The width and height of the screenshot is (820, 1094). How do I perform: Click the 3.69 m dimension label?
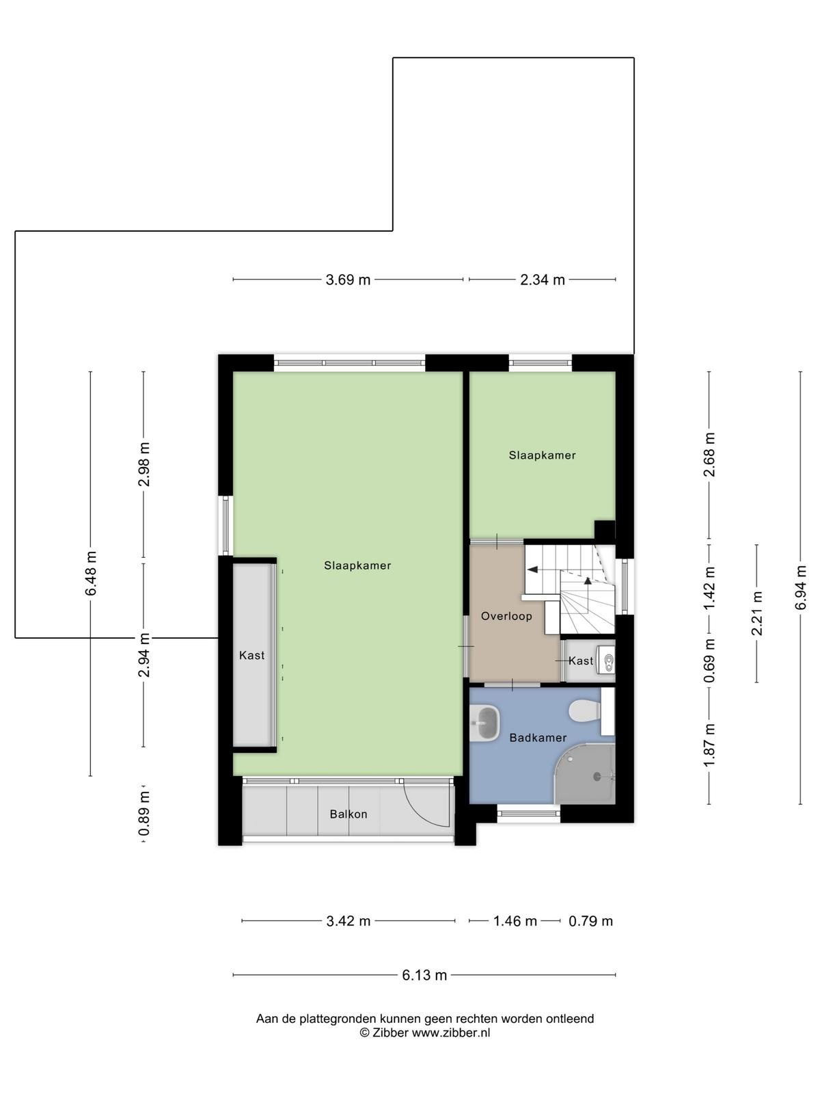click(348, 280)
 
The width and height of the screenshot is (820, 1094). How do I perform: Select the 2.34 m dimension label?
click(542, 280)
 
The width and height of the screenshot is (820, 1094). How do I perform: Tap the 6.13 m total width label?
click(424, 975)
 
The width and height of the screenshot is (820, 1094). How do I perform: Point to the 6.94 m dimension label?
click(800, 587)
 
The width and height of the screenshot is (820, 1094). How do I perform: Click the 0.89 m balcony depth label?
click(144, 814)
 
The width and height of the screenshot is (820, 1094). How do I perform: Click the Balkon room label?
click(348, 814)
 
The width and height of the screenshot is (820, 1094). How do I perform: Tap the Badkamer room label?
click(538, 738)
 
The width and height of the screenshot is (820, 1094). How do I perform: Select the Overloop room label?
click(506, 616)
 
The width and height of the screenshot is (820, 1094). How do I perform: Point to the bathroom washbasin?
click(485, 723)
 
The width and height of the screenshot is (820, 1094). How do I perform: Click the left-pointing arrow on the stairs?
click(534, 569)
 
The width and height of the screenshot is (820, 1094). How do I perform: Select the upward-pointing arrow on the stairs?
click(588, 580)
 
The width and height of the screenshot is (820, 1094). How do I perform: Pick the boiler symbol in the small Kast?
click(607, 661)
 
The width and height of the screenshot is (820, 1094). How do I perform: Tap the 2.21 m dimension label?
click(756, 613)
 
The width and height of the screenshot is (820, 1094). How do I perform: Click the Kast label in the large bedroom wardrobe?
click(252, 656)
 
